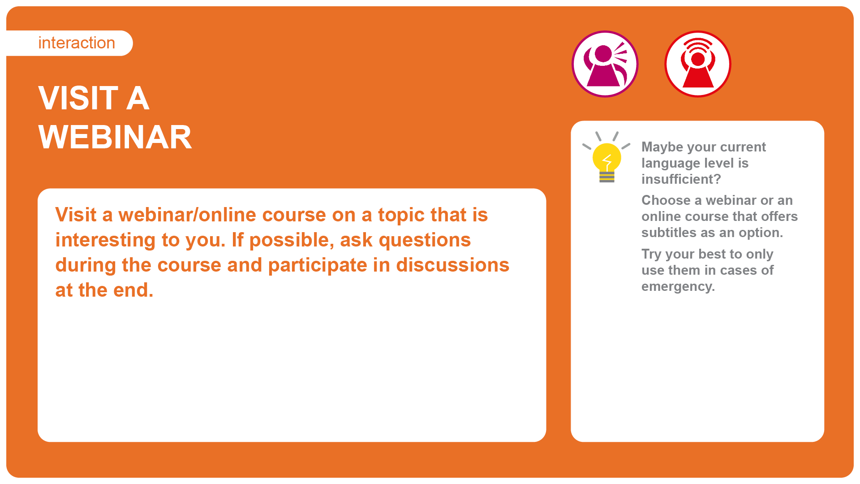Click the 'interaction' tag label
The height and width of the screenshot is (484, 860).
click(x=77, y=43)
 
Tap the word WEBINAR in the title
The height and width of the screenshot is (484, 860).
click(x=115, y=137)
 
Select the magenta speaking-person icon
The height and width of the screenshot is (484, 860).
click(x=605, y=64)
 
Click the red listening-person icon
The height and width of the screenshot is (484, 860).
click(x=698, y=64)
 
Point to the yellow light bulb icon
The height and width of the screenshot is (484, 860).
click(x=606, y=157)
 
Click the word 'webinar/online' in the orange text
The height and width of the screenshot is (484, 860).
click(x=187, y=215)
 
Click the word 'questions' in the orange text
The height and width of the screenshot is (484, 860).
click(x=425, y=241)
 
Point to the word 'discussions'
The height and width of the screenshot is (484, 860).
click(x=452, y=265)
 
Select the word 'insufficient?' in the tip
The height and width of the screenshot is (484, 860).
click(x=681, y=179)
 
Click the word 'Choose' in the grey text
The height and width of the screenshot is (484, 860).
click(x=666, y=200)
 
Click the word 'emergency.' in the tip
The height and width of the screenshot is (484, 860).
click(x=678, y=287)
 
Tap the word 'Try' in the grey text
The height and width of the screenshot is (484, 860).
click(x=651, y=255)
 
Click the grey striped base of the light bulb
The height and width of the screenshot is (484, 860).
click(x=607, y=177)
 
